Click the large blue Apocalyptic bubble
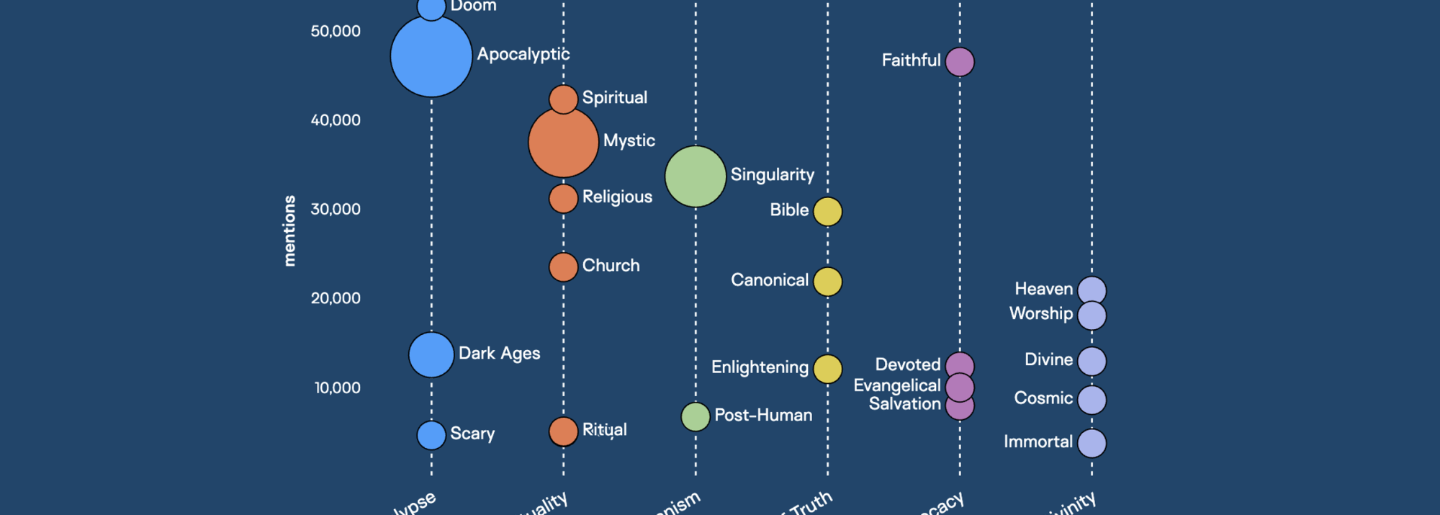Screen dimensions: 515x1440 [431, 56]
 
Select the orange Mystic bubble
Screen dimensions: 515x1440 [563, 143]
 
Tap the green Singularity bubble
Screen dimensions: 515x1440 [695, 176]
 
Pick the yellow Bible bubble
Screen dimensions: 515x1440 [827, 212]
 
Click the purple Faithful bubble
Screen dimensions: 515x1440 [960, 62]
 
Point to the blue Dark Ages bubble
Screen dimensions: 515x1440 [431, 354]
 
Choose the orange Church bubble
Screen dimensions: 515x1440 [563, 267]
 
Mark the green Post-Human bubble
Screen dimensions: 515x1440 [695, 416]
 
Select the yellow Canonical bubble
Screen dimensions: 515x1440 [827, 282]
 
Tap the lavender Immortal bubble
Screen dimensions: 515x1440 [1092, 443]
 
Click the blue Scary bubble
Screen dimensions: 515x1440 [431, 435]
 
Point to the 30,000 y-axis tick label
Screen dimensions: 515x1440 [336, 210]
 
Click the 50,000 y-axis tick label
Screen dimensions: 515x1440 [336, 31]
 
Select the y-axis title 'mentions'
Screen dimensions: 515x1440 [289, 230]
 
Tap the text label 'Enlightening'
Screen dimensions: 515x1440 [760, 367]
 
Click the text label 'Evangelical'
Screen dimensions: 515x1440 [896, 385]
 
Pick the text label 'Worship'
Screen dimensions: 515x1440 [1040, 313]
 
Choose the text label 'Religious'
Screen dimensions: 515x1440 [617, 197]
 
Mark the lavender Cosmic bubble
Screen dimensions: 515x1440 [1092, 400]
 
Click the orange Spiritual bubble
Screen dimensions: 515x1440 [563, 98]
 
